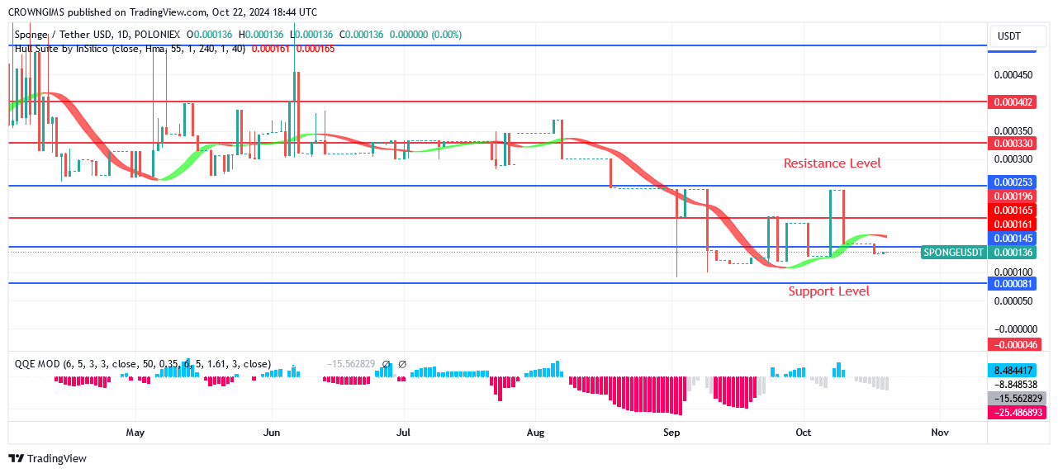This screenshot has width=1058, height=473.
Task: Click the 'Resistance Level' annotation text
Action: click(832, 163)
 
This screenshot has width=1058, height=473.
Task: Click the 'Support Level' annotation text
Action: click(828, 291)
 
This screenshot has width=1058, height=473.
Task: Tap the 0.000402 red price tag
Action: click(1012, 102)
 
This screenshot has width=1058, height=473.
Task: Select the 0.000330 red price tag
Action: click(1012, 143)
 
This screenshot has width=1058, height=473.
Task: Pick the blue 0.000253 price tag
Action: click(1012, 182)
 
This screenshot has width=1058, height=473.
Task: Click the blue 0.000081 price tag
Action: click(1012, 284)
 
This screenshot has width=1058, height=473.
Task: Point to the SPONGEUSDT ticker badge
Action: click(953, 253)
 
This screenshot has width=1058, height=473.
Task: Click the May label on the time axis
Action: click(135, 432)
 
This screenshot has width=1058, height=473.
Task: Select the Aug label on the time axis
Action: click(535, 432)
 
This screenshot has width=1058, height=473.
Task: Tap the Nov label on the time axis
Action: click(939, 432)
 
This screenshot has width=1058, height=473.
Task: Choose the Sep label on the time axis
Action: click(671, 432)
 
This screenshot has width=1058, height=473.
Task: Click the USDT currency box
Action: click(1009, 36)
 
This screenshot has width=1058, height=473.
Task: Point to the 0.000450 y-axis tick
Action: click(1012, 75)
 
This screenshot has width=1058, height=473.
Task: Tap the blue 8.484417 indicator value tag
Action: click(1012, 370)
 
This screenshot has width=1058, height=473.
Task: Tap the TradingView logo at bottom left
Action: click(48, 458)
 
